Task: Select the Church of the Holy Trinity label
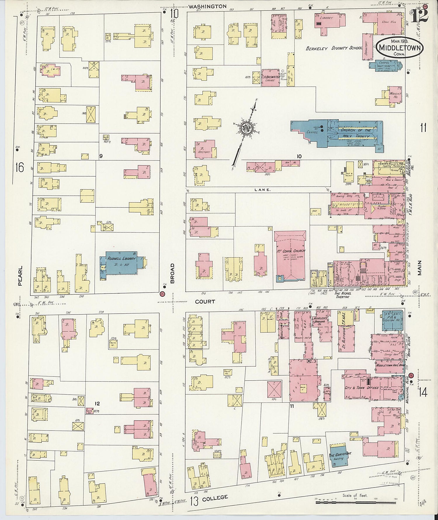point(356,133)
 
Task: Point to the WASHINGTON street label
point(207,6)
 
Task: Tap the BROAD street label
point(172,273)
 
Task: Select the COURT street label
point(205,301)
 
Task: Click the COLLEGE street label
point(215,497)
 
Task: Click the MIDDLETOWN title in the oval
point(400,48)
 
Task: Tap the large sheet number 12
point(420,15)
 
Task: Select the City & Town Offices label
point(361,388)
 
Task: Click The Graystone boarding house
point(340,456)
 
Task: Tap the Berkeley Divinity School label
point(334,48)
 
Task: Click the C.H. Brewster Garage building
point(270,78)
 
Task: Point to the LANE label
point(263,190)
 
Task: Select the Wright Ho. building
point(394,95)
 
